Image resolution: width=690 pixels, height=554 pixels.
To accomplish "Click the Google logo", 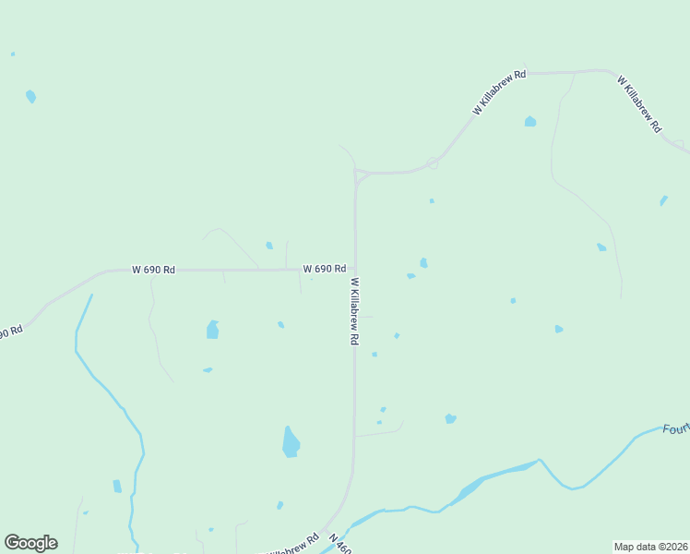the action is (30, 543).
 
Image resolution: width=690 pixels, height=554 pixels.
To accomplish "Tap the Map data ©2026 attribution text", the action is (649, 546).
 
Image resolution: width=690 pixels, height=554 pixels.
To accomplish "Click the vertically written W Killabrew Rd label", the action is (354, 311).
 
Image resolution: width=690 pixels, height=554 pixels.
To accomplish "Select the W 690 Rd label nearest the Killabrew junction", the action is (324, 269).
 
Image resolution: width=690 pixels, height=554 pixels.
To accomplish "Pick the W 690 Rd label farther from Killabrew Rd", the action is (153, 270).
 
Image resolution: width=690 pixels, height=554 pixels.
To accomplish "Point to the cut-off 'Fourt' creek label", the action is (675, 428).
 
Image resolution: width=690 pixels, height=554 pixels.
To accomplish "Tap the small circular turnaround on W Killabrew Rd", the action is (432, 163).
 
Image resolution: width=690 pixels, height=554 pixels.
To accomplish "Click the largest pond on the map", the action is (291, 442).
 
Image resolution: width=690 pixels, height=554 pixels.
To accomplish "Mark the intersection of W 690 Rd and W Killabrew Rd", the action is (355, 270).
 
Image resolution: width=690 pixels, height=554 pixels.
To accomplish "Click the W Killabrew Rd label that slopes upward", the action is (499, 92).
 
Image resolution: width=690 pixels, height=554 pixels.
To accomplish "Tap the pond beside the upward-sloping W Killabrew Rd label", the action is (529, 121).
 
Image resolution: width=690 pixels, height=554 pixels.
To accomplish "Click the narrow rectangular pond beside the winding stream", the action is (117, 487).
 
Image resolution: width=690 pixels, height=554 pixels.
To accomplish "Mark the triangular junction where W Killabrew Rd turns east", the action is (360, 175).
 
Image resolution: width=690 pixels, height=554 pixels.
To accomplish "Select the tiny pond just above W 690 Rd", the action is (269, 246).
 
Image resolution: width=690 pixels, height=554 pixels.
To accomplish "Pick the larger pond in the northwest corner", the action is (31, 96).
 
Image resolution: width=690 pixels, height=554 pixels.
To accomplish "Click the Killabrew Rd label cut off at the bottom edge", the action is (293, 547).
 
